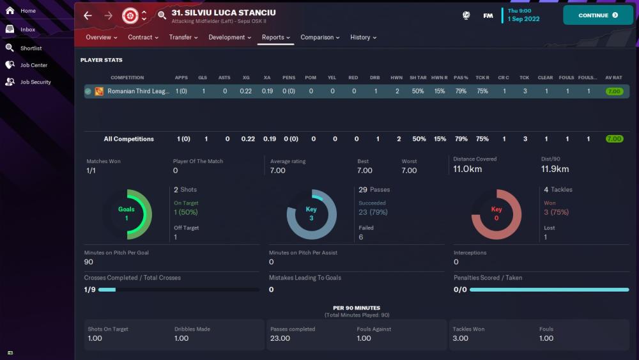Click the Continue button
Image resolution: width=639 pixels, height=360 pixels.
(x=597, y=15)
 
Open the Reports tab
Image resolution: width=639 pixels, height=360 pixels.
(x=276, y=37)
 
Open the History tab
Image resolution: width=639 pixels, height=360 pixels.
(x=363, y=37)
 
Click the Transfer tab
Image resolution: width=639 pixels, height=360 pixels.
(x=183, y=37)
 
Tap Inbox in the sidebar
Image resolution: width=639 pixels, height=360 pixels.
(x=27, y=29)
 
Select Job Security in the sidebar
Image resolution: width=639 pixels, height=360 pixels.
(x=35, y=82)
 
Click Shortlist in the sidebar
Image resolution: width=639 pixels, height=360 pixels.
(x=31, y=48)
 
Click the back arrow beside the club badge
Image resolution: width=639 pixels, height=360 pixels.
(x=88, y=15)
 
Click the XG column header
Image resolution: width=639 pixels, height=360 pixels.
(x=246, y=78)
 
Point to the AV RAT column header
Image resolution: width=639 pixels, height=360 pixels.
(x=613, y=78)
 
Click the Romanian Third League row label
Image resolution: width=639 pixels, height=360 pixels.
(x=138, y=91)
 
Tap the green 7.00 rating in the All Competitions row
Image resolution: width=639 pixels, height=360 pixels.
(x=614, y=139)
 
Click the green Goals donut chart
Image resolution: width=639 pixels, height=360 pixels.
(x=127, y=214)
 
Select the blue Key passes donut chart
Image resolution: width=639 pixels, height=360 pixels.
(x=311, y=214)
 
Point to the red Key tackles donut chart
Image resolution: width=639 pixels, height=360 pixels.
(x=496, y=214)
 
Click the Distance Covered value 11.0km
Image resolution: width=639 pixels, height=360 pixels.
(x=467, y=169)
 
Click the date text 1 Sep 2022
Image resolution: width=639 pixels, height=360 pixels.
(x=523, y=19)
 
